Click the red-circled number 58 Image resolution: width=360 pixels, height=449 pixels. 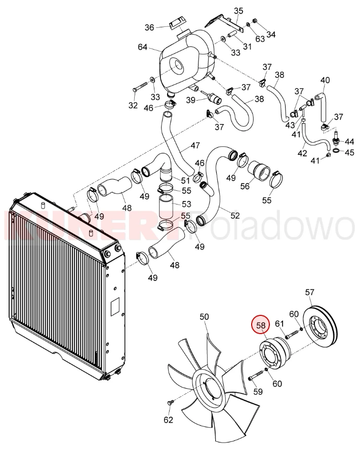[x=261, y=325]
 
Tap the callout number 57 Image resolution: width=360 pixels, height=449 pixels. [x=309, y=293]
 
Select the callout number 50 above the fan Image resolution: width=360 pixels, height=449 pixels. [x=204, y=317]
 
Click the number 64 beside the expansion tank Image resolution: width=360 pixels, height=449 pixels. [x=143, y=47]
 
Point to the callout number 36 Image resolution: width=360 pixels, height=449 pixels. [x=149, y=27]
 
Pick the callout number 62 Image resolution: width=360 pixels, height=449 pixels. [x=169, y=420]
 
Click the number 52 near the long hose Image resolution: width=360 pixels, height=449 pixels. [x=234, y=215]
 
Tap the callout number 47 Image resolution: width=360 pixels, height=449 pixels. [x=195, y=145]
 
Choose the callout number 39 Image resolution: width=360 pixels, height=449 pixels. [x=191, y=100]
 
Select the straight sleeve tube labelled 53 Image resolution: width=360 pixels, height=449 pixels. [x=167, y=206]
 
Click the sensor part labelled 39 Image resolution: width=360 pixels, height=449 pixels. [x=211, y=97]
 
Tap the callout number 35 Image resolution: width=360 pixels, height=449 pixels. [x=238, y=11]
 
